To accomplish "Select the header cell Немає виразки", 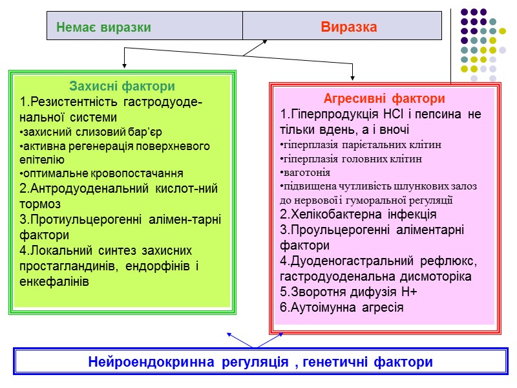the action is (103, 28).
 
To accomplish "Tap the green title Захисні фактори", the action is (122, 86).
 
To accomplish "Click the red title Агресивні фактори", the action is (384, 99).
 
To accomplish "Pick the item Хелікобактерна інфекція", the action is (359, 214).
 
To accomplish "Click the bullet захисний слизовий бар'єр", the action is (85, 132).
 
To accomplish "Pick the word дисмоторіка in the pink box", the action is (439, 277).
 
